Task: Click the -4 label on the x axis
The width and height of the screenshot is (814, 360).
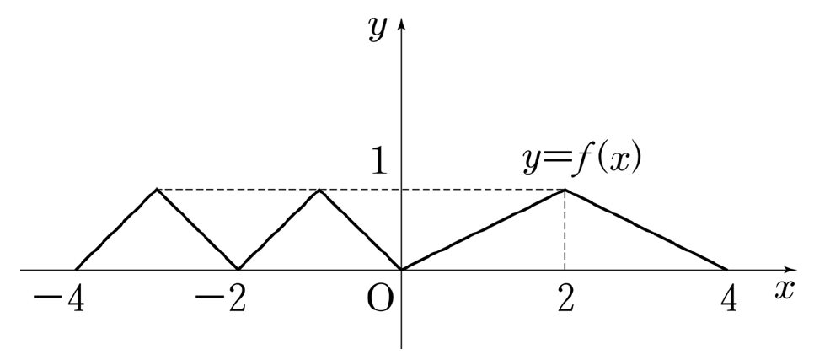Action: click(59, 301)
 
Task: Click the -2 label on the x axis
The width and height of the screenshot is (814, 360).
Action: click(221, 301)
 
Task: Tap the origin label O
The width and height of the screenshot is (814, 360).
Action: click(380, 300)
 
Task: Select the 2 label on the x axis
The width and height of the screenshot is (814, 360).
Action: click(566, 301)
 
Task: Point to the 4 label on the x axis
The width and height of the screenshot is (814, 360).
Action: click(729, 301)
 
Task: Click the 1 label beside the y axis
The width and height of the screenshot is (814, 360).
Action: click(379, 160)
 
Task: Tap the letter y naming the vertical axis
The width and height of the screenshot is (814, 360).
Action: click(378, 29)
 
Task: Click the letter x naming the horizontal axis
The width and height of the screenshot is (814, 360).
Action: click(785, 290)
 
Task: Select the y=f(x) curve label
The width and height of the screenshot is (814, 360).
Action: click(582, 160)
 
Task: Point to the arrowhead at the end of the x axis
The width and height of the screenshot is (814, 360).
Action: click(790, 270)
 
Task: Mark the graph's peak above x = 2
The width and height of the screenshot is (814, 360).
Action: click(565, 191)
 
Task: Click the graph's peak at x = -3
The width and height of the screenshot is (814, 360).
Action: click(157, 190)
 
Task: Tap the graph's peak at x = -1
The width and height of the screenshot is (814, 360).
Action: click(320, 190)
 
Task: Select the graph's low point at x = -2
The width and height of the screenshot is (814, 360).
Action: click(238, 269)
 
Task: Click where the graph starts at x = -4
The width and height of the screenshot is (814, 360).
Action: click(76, 269)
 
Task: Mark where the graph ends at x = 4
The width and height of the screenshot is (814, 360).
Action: click(727, 269)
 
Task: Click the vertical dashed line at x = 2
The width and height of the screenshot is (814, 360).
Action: click(565, 229)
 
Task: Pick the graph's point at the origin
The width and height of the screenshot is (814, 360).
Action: click(401, 269)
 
